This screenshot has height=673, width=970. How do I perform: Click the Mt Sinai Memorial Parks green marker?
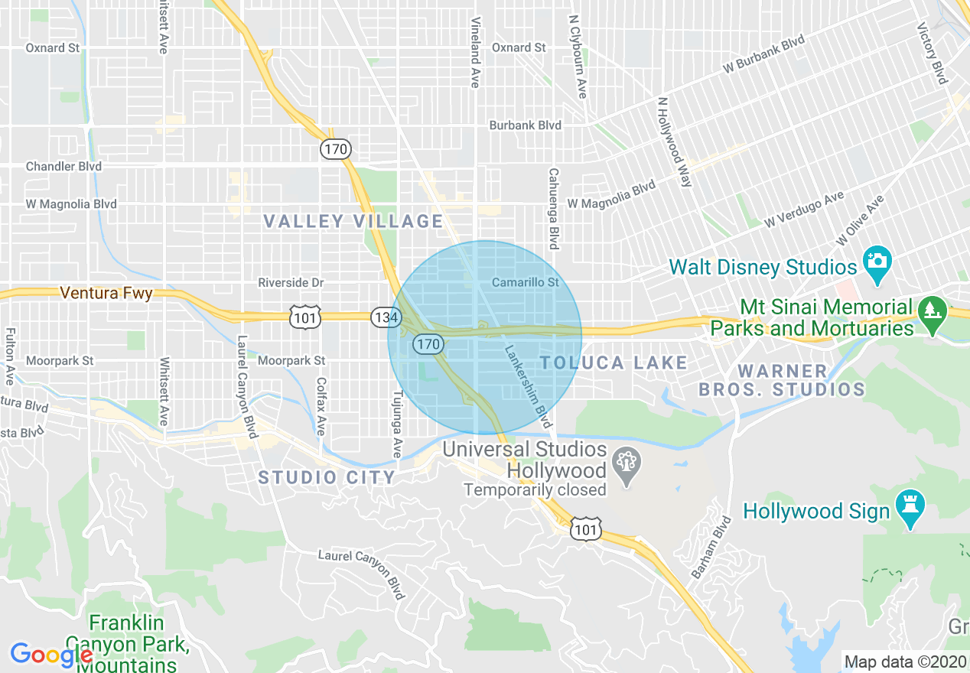tap(931, 314)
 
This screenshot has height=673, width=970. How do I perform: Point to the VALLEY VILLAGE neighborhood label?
tap(353, 222)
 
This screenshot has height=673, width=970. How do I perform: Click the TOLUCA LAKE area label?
tap(614, 363)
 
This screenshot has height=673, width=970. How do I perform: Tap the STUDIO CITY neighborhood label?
tap(327, 478)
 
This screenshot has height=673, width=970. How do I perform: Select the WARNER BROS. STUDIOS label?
tap(782, 380)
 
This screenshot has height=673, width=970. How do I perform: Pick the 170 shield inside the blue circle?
tap(428, 345)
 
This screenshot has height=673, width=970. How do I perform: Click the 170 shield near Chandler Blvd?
tap(335, 149)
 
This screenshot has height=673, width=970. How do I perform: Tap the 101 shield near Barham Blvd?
tap(585, 528)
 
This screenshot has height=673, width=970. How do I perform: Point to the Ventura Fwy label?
tap(106, 293)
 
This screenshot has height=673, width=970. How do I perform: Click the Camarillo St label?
tap(526, 283)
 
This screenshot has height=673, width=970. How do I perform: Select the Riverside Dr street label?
tap(291, 283)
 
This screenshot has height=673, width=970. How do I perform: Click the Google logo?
tap(50, 655)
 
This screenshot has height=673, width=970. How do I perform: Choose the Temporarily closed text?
tap(535, 489)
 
